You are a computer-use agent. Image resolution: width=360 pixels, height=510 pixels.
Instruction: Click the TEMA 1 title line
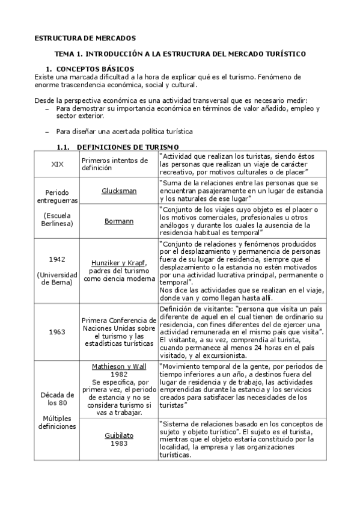(180, 54)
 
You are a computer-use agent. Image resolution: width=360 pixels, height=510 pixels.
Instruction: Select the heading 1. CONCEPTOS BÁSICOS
(90, 69)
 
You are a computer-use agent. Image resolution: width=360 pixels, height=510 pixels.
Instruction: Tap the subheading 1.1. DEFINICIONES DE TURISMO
(117, 147)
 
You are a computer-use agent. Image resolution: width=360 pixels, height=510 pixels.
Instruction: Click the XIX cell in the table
(58, 164)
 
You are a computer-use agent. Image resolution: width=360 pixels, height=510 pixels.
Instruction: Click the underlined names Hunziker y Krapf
(118, 263)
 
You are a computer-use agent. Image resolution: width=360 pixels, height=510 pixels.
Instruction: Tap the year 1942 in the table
(58, 259)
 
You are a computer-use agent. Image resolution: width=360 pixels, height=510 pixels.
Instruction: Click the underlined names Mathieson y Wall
(118, 366)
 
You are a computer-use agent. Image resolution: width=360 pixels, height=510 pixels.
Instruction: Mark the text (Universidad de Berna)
(58, 278)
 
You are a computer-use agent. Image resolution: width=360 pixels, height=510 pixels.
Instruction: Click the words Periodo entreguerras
(58, 197)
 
